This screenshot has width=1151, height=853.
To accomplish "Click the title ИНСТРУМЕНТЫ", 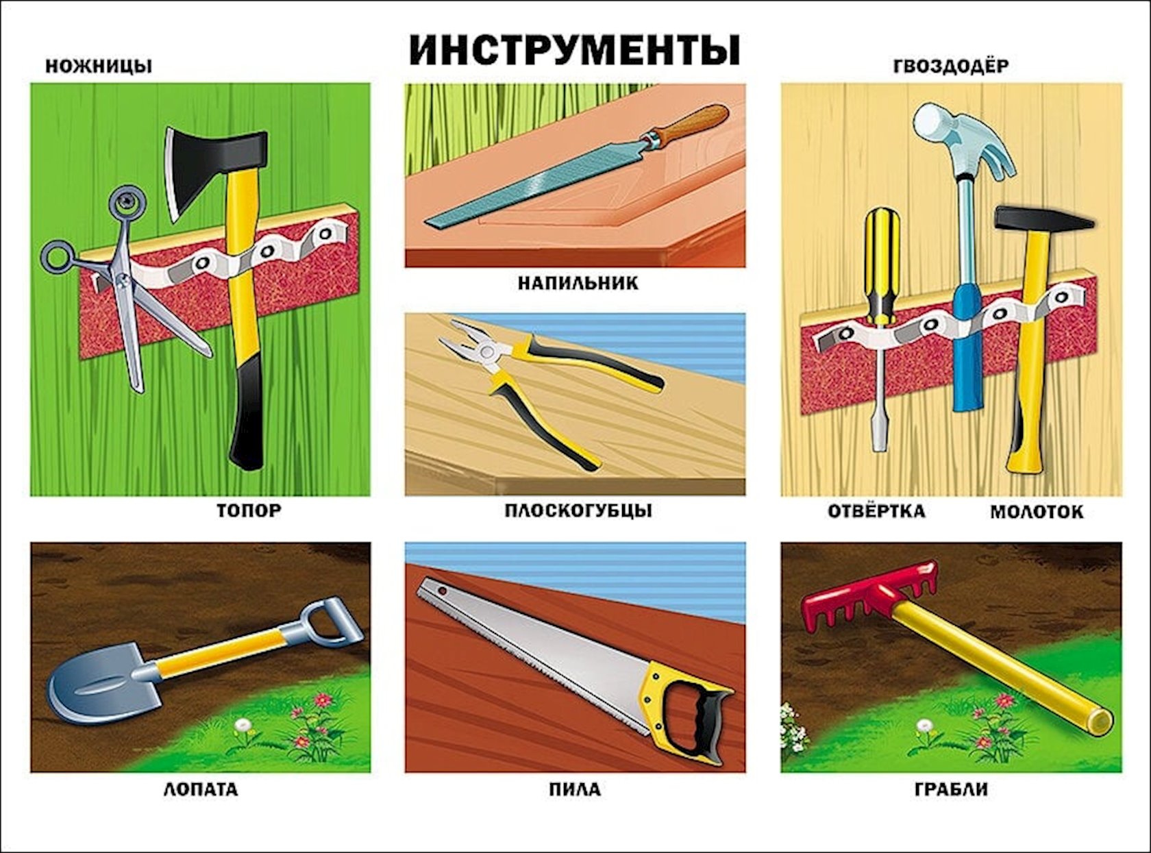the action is click(x=574, y=50).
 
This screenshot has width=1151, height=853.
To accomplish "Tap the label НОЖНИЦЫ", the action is click(x=99, y=67).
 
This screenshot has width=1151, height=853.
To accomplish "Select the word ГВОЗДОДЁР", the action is click(x=951, y=66).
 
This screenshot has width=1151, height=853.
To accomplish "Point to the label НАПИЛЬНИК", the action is click(x=578, y=284).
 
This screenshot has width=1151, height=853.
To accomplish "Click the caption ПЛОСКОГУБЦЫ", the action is click(x=578, y=511).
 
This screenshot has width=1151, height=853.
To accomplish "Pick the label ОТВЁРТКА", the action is click(x=876, y=511).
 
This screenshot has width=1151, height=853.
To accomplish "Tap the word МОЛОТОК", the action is click(x=1037, y=512).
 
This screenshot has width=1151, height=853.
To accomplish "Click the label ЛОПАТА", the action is click(x=200, y=790).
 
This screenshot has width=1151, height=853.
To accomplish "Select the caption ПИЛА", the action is click(x=574, y=790).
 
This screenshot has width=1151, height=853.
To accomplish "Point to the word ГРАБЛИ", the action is click(x=951, y=790).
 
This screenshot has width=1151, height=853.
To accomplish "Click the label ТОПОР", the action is click(x=249, y=511).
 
